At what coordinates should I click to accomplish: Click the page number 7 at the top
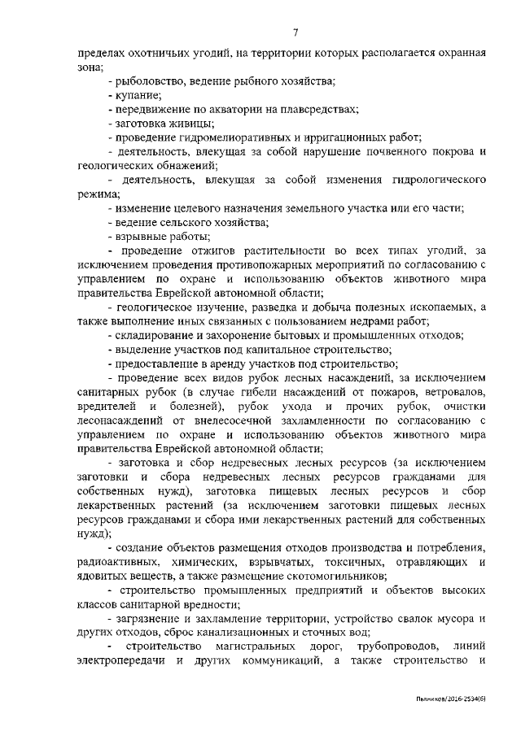coord(296,33)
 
